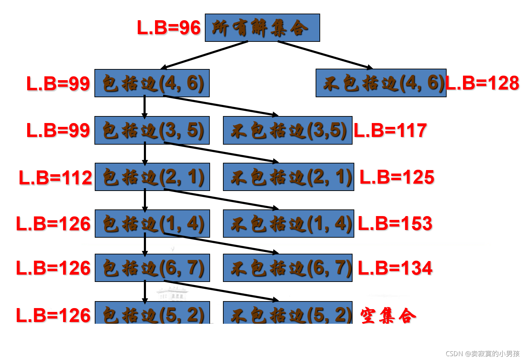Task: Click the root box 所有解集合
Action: pos(262,28)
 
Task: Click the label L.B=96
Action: pos(169,28)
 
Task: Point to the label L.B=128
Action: pos(482,83)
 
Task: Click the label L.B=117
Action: pos(390,130)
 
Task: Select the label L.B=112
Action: pos(55,177)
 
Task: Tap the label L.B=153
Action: pos(395,223)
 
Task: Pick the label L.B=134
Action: pos(395,268)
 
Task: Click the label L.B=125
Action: pos(397,177)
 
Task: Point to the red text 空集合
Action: pos(388,316)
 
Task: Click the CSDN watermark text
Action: pos(482,353)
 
